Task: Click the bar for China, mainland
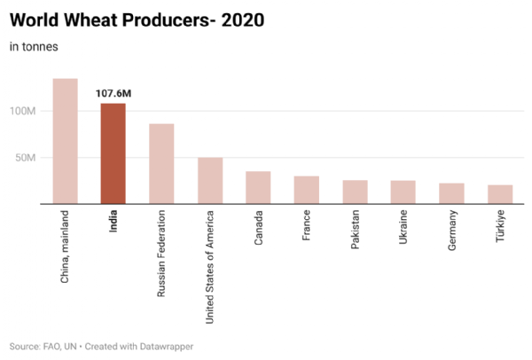(65, 142)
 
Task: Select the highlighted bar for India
(113, 154)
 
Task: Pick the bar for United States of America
(210, 181)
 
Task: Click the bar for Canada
(258, 188)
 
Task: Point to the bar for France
(307, 190)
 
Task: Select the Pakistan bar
(355, 192)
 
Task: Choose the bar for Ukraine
(403, 192)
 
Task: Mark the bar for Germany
(451, 193)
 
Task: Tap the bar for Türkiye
(500, 194)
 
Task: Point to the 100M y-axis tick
(23, 112)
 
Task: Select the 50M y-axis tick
(27, 158)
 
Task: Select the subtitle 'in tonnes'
(34, 47)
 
